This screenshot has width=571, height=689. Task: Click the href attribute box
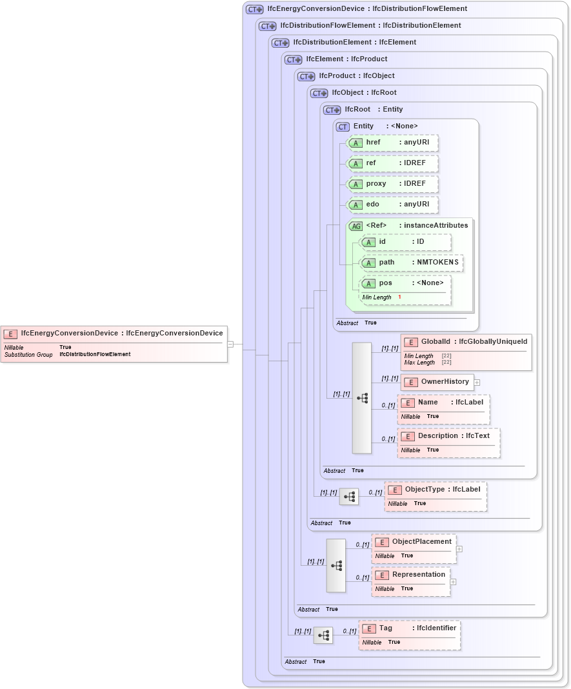tap(392, 143)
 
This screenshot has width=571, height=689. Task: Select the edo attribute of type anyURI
tap(392, 205)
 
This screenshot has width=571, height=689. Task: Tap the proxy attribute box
tap(392, 184)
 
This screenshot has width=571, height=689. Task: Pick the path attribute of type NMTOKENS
tap(411, 263)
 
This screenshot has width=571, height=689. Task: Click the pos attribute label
tap(385, 283)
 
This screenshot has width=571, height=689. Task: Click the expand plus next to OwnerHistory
tap(477, 382)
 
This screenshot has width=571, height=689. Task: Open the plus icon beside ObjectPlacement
tap(459, 549)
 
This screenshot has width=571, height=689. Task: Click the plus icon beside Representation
tap(453, 581)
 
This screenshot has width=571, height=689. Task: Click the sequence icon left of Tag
tap(323, 635)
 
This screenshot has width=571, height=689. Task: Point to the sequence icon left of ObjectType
tap(349, 497)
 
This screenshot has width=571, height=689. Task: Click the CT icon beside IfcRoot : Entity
tap(332, 110)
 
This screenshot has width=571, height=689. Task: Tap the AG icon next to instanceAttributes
tap(356, 226)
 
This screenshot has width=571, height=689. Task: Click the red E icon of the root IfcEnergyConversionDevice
tap(10, 334)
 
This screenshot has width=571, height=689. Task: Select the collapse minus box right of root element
tap(230, 344)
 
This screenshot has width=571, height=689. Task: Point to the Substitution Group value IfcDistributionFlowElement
tap(95, 354)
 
